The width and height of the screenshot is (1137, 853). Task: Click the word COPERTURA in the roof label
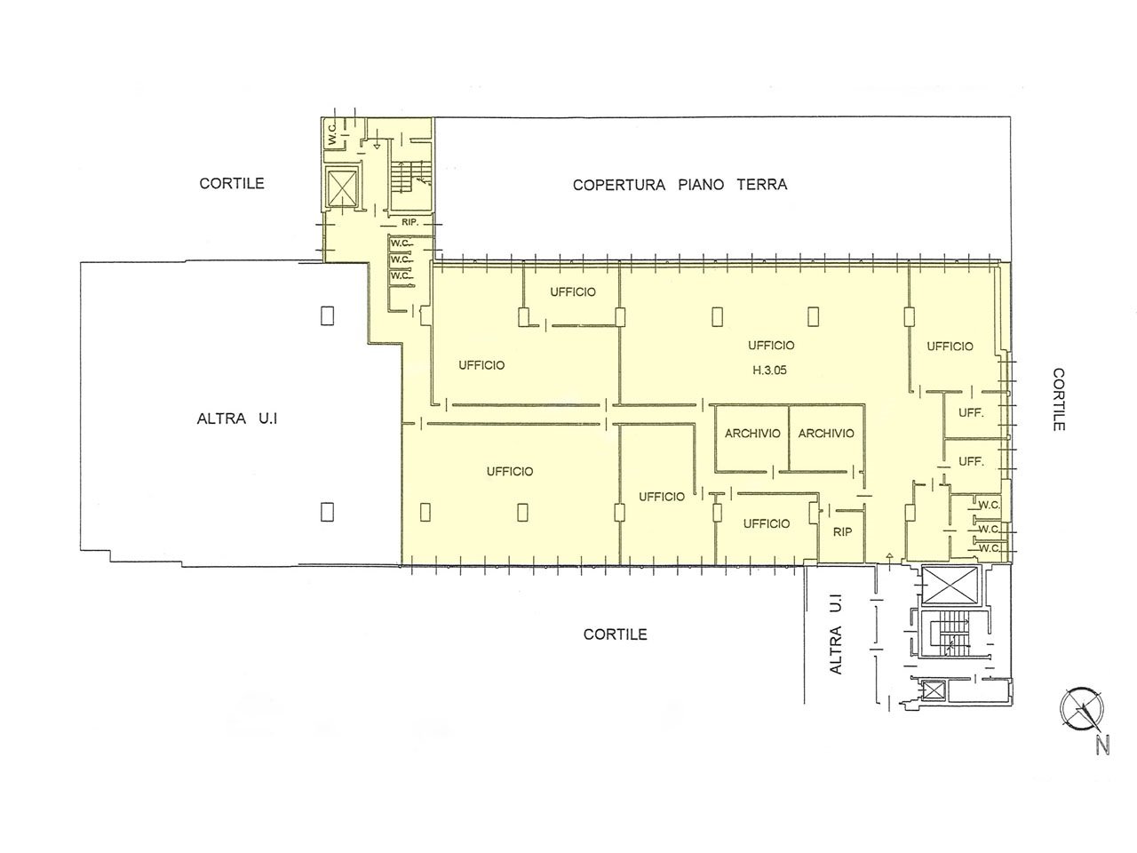[x=618, y=185]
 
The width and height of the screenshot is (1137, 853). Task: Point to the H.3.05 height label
[x=769, y=370]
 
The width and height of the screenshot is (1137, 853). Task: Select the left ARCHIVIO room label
[x=752, y=434]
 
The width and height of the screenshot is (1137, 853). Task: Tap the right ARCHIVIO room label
[x=826, y=434]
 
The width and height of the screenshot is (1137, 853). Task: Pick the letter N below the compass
[x=1102, y=746]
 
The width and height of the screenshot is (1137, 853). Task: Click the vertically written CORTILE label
[x=1058, y=399]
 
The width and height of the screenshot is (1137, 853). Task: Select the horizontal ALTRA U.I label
[x=237, y=419]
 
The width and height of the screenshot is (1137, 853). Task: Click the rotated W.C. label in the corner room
[x=332, y=133]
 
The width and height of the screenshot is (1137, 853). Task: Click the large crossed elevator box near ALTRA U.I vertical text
[x=950, y=586]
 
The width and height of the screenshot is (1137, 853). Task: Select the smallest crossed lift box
[x=934, y=690]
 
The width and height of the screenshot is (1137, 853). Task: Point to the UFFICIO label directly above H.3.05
[x=771, y=346]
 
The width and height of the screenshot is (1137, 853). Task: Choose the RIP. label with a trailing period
[x=409, y=222]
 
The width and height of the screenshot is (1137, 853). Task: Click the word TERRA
[x=762, y=185]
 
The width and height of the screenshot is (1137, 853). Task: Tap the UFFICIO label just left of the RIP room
[x=766, y=523]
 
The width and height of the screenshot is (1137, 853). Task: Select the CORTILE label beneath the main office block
[x=615, y=634]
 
